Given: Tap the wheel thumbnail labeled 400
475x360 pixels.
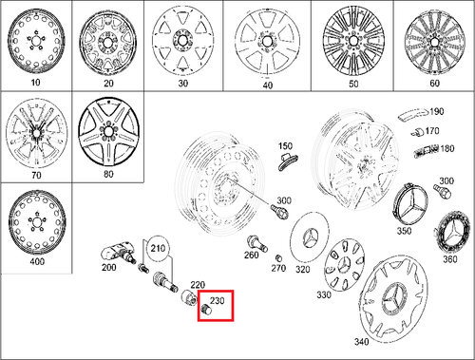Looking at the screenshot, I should [34, 224].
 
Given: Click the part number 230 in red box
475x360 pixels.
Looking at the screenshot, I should [218, 303].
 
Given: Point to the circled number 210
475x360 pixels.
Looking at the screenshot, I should [157, 251].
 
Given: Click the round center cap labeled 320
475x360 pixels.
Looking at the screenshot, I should [313, 237].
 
